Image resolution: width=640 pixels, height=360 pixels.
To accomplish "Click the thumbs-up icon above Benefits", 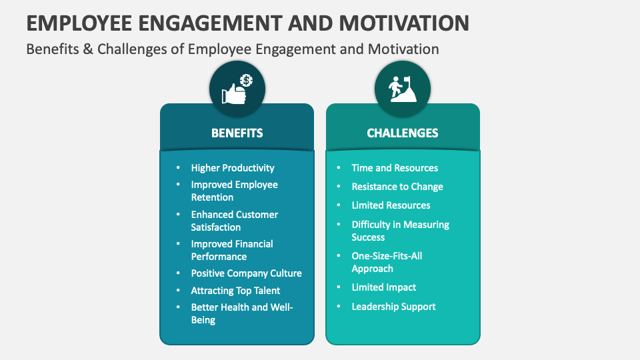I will (237, 90).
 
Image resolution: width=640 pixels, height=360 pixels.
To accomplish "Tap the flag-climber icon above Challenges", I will (402, 90).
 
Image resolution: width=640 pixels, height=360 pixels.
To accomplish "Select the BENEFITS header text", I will (237, 133).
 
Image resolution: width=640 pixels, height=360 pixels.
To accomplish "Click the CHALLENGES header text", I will (403, 133).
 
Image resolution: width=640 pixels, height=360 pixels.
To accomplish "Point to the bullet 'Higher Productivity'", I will (233, 168).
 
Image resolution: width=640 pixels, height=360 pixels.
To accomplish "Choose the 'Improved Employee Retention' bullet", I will (234, 191).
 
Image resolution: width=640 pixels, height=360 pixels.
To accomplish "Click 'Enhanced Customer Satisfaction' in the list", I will (234, 221).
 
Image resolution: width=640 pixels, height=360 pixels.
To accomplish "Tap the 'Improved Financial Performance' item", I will (232, 250).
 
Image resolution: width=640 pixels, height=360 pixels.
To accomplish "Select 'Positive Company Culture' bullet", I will (246, 273).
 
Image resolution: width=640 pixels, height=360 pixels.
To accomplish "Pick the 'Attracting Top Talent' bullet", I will (235, 291).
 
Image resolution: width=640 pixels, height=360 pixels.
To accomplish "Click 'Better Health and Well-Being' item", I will (242, 313).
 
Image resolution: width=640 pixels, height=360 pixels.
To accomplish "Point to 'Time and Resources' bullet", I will (395, 168).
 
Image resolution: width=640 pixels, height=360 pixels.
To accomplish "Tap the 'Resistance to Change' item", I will (397, 187).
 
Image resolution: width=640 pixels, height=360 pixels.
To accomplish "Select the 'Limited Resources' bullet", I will (391, 205).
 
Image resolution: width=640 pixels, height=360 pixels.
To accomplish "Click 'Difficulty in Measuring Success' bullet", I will (400, 231).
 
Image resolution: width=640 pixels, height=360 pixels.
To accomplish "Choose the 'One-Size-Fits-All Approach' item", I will (387, 262).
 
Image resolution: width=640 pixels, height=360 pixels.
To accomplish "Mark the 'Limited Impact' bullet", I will (384, 287).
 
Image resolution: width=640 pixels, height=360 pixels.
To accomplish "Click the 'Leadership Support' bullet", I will (393, 307).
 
